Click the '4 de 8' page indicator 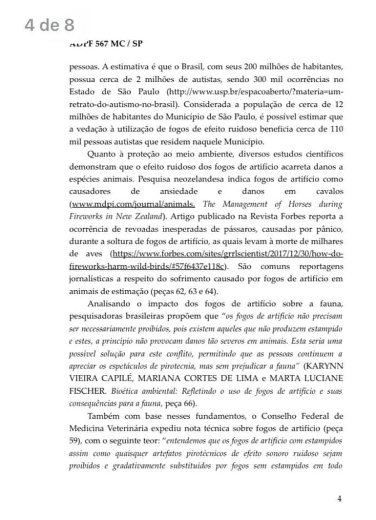click(49, 25)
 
